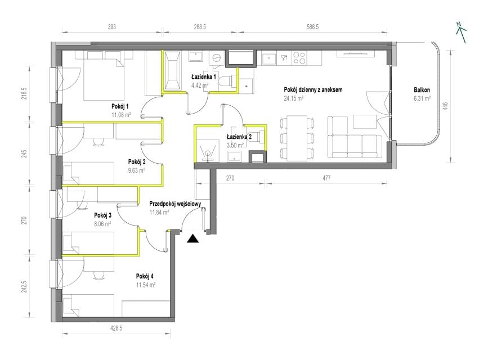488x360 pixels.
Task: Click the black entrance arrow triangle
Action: pyautogui.click(x=193, y=238)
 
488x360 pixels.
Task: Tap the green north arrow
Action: pyautogui.click(x=461, y=32)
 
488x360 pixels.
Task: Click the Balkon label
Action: pyautogui.click(x=422, y=90)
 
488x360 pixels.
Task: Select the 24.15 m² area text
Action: pyautogui.click(x=293, y=98)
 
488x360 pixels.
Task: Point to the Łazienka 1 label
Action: pyautogui.click(x=204, y=76)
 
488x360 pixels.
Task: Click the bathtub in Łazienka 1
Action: pyautogui.click(x=172, y=71)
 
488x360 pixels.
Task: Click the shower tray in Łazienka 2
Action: pyautogui.click(x=207, y=148)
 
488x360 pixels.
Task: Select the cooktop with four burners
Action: pyautogui.click(x=299, y=58)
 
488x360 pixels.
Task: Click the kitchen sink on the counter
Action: pyautogui.click(x=269, y=58)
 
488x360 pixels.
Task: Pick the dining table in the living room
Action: pyautogui.click(x=297, y=138)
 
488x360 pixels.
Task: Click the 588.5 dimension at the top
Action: pyautogui.click(x=312, y=27)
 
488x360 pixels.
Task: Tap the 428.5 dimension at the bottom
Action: pyautogui.click(x=116, y=328)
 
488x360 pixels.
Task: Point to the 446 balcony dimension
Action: pyautogui.click(x=445, y=106)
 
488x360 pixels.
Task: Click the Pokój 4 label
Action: pyautogui.click(x=145, y=276)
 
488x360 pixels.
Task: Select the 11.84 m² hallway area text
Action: pyautogui.click(x=159, y=213)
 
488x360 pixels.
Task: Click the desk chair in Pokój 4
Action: pyautogui.click(x=99, y=274)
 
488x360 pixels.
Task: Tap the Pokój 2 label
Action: pyautogui.click(x=137, y=162)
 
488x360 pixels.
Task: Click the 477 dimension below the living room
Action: pyautogui.click(x=326, y=178)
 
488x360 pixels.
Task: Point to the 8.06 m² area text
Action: pyautogui.click(x=102, y=224)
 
